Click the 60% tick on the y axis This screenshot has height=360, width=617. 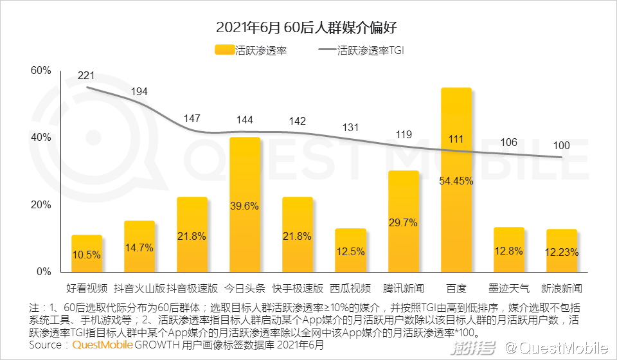click(40, 71)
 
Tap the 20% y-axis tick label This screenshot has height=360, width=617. click(40, 205)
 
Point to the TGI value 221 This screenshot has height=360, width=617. click(86, 76)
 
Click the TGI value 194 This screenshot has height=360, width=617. click(139, 92)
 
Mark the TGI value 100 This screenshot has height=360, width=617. click(562, 146)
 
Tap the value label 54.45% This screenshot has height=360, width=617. click(456, 181)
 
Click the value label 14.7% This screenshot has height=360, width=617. click(139, 247)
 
